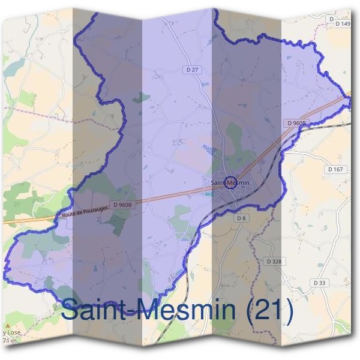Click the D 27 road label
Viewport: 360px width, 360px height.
[192, 70]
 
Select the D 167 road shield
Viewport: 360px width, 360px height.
[335, 170]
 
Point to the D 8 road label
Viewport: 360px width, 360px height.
[241, 218]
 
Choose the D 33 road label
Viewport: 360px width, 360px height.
[319, 282]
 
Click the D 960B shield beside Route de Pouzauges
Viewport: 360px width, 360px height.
[121, 205]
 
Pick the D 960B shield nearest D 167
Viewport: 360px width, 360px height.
[296, 123]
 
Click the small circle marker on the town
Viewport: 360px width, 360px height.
[230, 184]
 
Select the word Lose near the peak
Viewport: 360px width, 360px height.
[12, 333]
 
